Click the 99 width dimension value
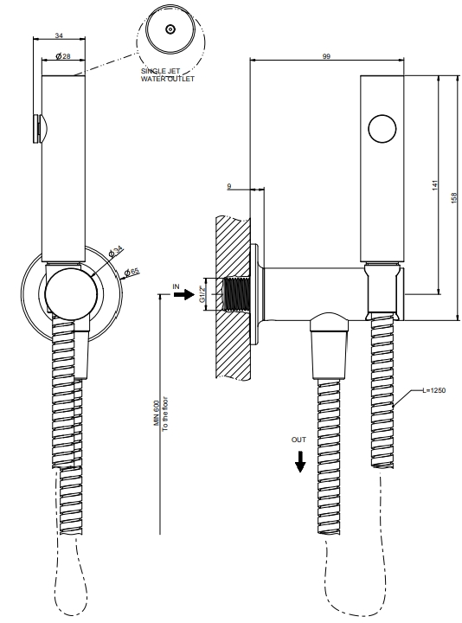click(326, 56)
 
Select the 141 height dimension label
click(434, 185)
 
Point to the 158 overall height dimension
click(454, 198)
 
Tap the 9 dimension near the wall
click(229, 186)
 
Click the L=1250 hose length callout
click(433, 390)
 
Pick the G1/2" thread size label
click(202, 293)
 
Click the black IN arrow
click(183, 295)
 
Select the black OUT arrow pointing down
click(300, 461)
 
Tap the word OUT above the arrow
click(298, 440)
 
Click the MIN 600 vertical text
click(157, 413)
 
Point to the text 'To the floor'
click(165, 414)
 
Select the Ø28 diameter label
click(63, 56)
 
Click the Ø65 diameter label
click(132, 273)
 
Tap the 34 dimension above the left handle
click(59, 35)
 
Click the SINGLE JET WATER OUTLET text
click(168, 75)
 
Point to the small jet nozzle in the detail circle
click(170, 29)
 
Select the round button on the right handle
click(382, 129)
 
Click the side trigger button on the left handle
click(38, 129)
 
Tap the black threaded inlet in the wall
click(237, 294)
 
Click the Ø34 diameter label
click(116, 252)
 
